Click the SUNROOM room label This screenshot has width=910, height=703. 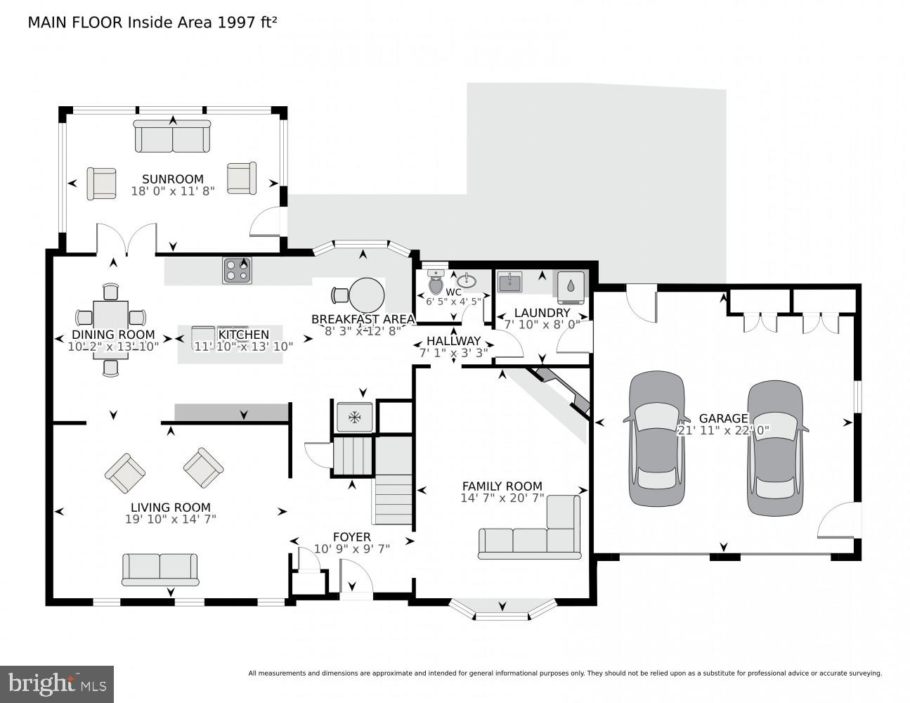(173, 179)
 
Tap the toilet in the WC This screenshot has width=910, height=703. (436, 283)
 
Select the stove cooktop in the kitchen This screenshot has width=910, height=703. (238, 271)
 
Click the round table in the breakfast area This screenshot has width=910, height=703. (367, 295)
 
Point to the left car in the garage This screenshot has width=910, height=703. (656, 439)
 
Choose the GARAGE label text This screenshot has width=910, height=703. (723, 418)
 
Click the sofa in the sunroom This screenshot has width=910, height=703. (172, 136)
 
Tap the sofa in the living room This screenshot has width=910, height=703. (160, 569)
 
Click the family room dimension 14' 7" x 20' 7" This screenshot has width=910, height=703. (502, 498)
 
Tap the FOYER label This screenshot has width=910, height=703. (351, 537)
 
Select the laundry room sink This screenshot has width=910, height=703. (509, 283)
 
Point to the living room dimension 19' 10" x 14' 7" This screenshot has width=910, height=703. (170, 520)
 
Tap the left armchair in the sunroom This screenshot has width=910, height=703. (102, 183)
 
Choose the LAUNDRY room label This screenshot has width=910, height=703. (542, 313)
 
